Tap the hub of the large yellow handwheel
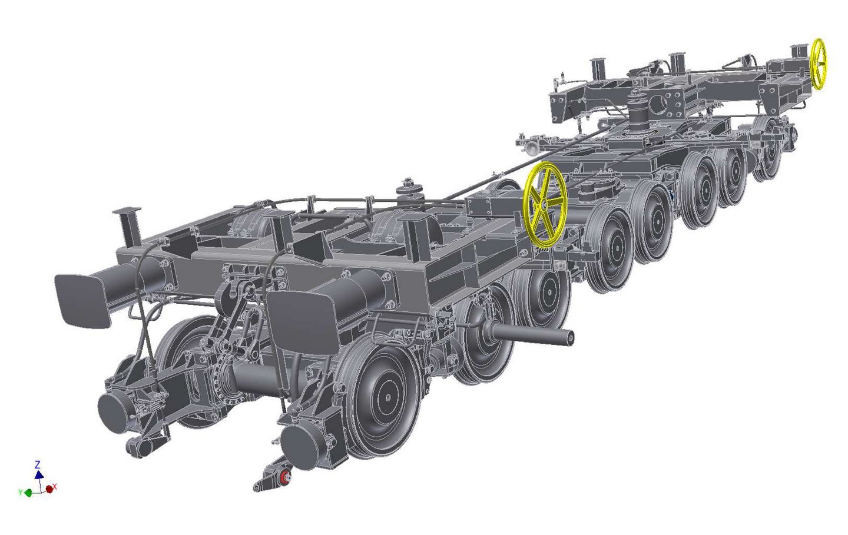coord(544,205)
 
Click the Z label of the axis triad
coord(38,464)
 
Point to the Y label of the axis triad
coord(20,492)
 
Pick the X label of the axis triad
coord(55,487)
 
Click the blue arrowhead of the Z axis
coord(39,474)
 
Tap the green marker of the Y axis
coord(28,493)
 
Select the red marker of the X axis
coord(49,489)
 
